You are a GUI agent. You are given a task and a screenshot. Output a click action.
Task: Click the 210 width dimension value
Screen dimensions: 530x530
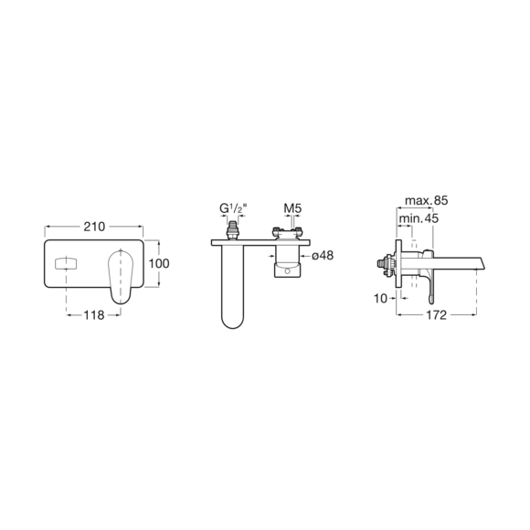(x=94, y=227)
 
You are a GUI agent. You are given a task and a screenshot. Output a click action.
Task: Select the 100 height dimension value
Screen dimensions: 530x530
(x=159, y=264)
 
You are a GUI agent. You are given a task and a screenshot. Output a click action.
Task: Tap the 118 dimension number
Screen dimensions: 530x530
(x=94, y=315)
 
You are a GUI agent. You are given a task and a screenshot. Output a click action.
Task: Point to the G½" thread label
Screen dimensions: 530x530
(x=233, y=208)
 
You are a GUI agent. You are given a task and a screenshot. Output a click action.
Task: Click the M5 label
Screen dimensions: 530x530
(x=292, y=208)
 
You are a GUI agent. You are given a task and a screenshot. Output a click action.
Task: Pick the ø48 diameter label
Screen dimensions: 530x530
(x=323, y=256)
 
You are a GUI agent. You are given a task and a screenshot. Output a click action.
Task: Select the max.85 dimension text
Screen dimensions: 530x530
(x=426, y=200)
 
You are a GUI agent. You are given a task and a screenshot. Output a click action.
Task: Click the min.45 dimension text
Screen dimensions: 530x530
(x=419, y=218)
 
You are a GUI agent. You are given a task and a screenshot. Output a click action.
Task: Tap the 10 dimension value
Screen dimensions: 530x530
(x=380, y=299)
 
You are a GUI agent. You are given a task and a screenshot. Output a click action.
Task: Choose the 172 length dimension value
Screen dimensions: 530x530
(x=437, y=315)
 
